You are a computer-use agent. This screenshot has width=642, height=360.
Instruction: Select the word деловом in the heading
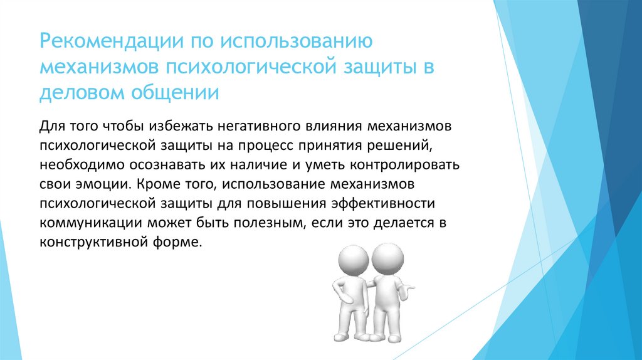click(80, 92)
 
